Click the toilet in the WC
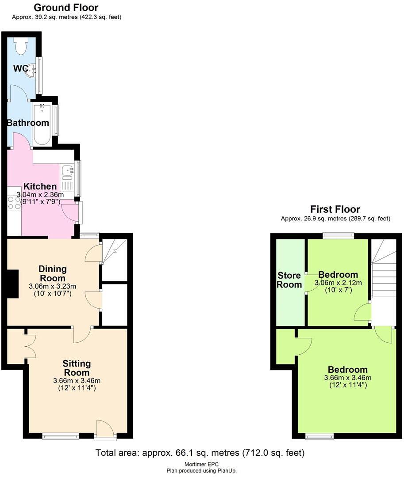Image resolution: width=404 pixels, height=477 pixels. coord(21,45)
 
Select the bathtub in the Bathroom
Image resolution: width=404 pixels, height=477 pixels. coord(42,125)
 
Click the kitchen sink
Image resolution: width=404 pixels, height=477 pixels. coord(67,170)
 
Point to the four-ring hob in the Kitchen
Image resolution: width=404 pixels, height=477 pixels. coord(14,202)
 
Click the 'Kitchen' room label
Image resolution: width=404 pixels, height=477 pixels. coord(40,186)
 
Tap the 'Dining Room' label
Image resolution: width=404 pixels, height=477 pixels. coord(53,273)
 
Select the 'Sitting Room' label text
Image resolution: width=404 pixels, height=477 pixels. coord(77,368)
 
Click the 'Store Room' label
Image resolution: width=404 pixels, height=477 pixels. coord(289,280)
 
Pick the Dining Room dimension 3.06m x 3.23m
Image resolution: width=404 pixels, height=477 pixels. coord(53,286)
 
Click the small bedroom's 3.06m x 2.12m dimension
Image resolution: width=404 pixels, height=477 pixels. coord(338,283)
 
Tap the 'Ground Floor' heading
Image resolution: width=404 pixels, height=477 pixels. coord(66,8)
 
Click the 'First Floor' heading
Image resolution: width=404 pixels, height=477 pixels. coord(335,209)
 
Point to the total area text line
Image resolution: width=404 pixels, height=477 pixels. coord(200,453)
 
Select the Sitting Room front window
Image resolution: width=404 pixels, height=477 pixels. coord(61,437)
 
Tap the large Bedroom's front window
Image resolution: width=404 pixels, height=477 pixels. coord(319,437)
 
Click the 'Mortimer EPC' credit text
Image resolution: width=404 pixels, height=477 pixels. coord(201,464)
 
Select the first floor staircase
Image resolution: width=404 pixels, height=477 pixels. coord(383,278)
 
